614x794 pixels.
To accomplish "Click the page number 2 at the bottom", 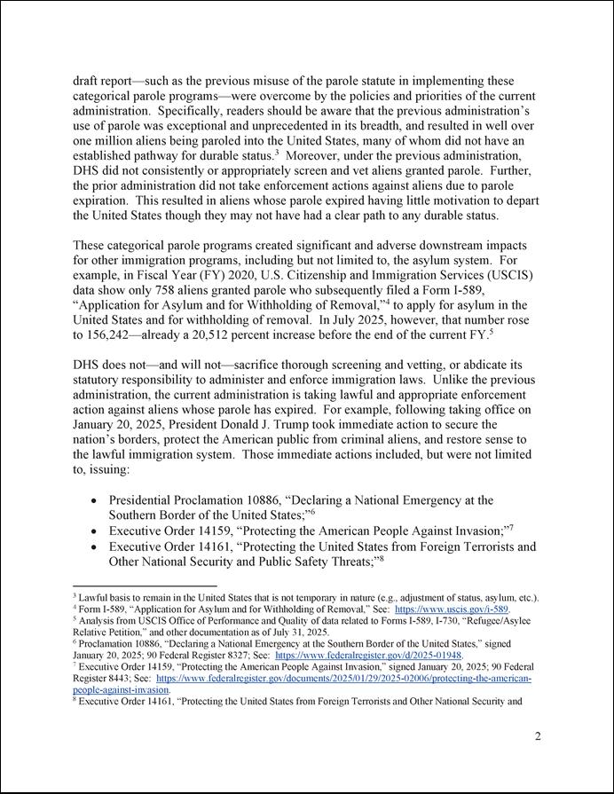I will point(538,736).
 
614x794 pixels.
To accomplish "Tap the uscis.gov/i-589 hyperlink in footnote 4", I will point(452,609).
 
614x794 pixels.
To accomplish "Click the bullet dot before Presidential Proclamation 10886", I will point(95,501).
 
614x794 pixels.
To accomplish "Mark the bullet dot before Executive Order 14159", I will point(95,531).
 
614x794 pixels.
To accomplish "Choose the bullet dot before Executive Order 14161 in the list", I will point(95,547).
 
